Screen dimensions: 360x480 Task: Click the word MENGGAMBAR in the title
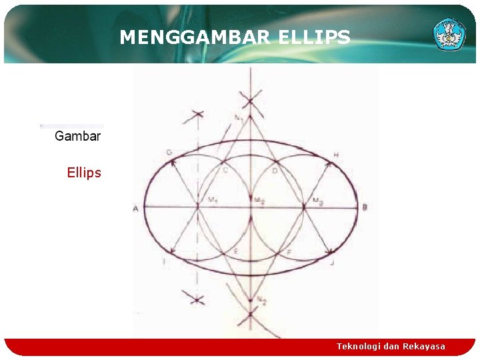pyautogui.click(x=194, y=38)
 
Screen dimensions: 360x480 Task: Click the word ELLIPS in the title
pyautogui.click(x=311, y=38)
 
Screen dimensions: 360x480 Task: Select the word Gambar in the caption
pyautogui.click(x=77, y=136)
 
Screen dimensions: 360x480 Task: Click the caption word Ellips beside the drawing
pyautogui.click(x=84, y=173)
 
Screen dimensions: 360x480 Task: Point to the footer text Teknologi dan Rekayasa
pyautogui.click(x=391, y=346)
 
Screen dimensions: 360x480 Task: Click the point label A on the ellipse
pyautogui.click(x=135, y=209)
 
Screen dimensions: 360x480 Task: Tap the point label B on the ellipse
pyautogui.click(x=365, y=208)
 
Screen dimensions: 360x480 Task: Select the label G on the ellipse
pyautogui.click(x=169, y=153)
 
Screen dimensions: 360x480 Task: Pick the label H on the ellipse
pyautogui.click(x=335, y=155)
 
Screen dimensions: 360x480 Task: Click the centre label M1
pyautogui.click(x=213, y=199)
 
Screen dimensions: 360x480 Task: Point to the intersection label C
pyautogui.click(x=225, y=171)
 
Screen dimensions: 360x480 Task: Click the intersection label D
pyautogui.click(x=275, y=171)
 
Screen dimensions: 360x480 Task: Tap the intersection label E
pyautogui.click(x=235, y=251)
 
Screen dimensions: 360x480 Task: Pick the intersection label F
pyautogui.click(x=288, y=251)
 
